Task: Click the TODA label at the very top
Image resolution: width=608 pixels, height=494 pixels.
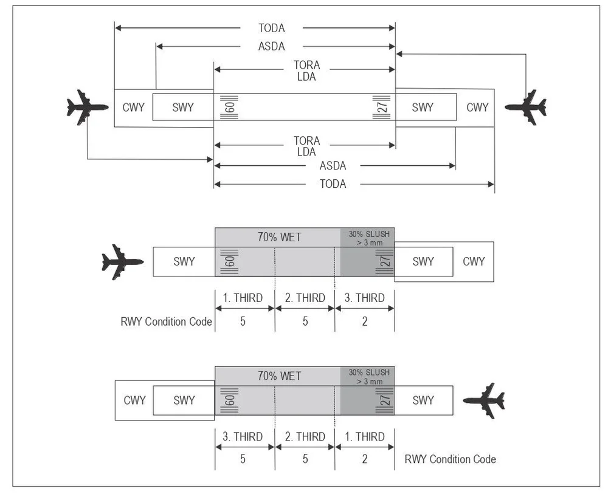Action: click(271, 28)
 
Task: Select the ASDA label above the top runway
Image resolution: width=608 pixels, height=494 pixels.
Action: click(271, 46)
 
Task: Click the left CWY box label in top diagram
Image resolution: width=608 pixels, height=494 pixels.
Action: click(133, 108)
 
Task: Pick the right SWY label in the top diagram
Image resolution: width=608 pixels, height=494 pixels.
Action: click(423, 108)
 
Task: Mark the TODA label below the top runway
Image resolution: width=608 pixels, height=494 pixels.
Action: click(333, 184)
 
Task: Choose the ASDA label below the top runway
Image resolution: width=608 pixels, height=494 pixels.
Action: click(333, 166)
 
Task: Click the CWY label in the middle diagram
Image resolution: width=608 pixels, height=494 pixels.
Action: click(474, 261)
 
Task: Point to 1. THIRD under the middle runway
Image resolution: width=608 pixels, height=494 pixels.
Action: click(243, 298)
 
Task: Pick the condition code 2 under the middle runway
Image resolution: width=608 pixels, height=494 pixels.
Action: click(364, 321)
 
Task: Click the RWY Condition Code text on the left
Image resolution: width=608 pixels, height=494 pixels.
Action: click(166, 321)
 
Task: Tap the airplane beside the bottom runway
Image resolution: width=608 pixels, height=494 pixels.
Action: click(484, 400)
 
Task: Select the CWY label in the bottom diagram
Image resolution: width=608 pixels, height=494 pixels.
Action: click(134, 400)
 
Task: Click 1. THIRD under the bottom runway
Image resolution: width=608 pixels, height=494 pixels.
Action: click(364, 437)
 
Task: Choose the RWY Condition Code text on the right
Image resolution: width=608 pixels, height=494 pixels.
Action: click(450, 459)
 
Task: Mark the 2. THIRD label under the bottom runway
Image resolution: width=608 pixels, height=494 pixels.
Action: click(305, 437)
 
